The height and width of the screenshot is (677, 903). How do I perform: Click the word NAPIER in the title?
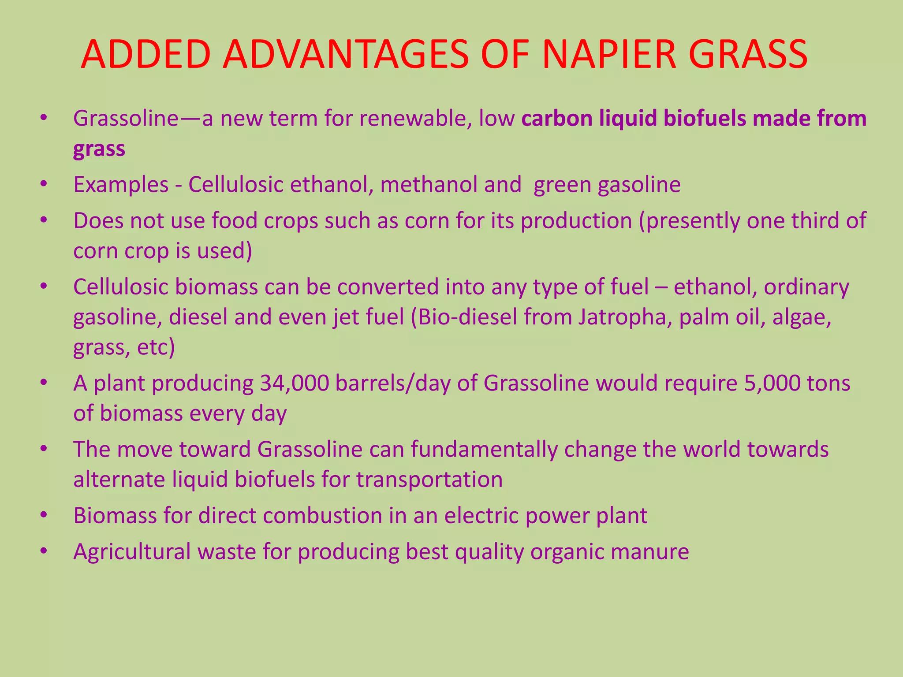click(x=609, y=55)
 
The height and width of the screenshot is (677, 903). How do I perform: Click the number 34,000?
click(x=294, y=383)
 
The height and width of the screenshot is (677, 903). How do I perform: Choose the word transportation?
click(x=429, y=480)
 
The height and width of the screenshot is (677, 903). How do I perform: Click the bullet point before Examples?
click(x=43, y=185)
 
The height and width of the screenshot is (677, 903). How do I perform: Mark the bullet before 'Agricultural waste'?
click(x=43, y=552)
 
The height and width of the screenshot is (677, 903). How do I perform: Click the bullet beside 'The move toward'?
click(x=43, y=450)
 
